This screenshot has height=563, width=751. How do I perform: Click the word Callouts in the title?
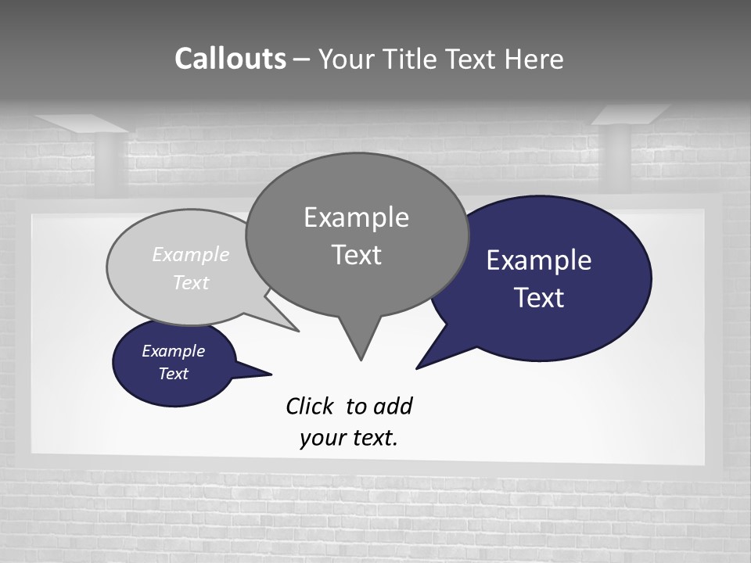pos(230,59)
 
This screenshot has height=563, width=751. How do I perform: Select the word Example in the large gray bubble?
pos(356,217)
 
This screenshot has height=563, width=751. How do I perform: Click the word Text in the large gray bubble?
pos(356,255)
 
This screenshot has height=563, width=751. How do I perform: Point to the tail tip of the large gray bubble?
pos(361,359)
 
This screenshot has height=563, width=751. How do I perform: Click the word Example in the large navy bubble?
pos(539,260)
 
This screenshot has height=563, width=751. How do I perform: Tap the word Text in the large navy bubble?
pos(539,298)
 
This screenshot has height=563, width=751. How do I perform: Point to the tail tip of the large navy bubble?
pos(418,368)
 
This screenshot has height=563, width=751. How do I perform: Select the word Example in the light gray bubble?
pos(191,255)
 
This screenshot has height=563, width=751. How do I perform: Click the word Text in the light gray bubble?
pos(191,282)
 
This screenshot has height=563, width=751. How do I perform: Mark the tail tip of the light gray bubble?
pos(297,331)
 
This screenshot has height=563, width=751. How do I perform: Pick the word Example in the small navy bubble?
pos(173,351)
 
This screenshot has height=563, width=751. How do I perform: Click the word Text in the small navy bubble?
pos(173,374)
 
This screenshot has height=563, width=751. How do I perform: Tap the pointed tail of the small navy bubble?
pos(270,374)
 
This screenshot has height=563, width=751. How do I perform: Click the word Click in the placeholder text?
pos(311,407)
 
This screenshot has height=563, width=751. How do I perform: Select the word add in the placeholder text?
pos(393,407)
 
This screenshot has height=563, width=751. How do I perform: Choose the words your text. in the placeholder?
pos(349,438)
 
